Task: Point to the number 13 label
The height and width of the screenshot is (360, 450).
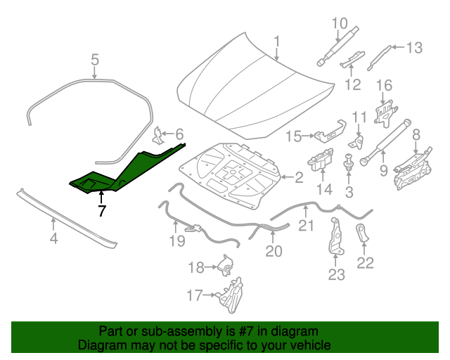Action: click(414, 48)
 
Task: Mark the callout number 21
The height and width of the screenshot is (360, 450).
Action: click(305, 225)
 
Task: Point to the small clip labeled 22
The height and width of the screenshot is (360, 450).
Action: click(363, 234)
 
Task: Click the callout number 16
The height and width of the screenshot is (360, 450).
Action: click(384, 86)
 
